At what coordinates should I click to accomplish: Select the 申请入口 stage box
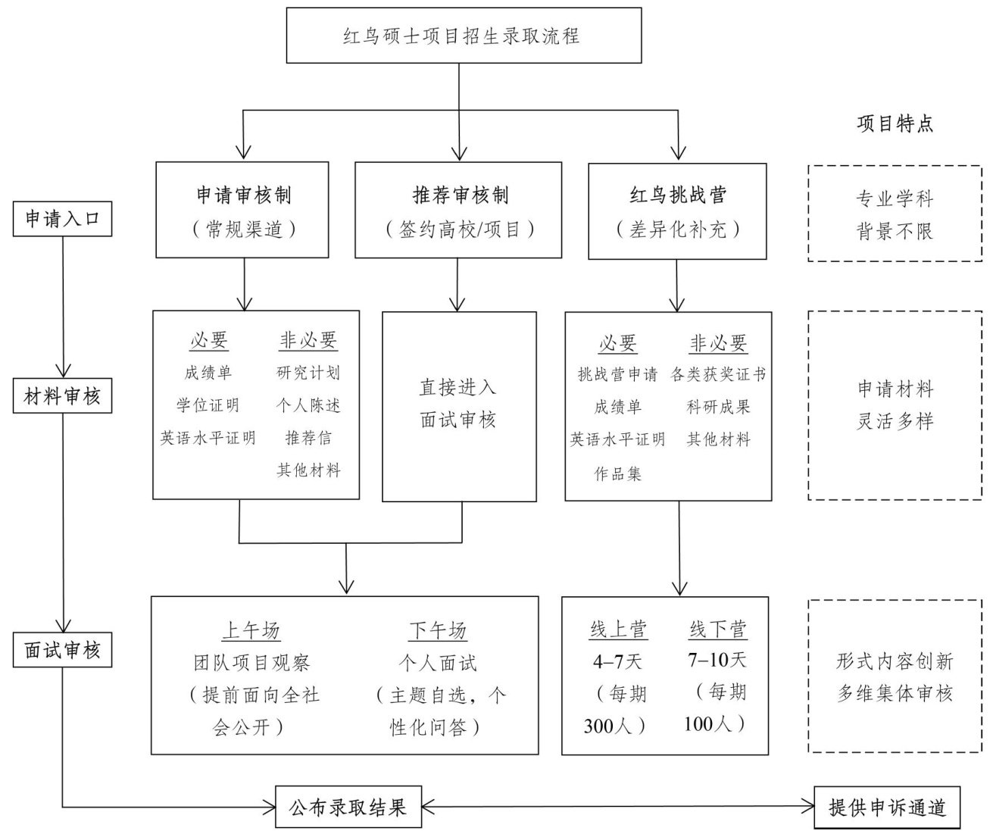(x=63, y=219)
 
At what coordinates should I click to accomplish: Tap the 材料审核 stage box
(x=63, y=396)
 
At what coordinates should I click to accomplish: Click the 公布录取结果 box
(x=348, y=807)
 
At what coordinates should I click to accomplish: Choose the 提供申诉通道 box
(x=888, y=807)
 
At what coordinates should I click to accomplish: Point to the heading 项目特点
(x=895, y=124)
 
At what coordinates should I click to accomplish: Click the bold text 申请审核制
(x=242, y=195)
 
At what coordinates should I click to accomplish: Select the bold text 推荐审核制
(x=460, y=195)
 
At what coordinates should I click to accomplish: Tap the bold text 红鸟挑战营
(x=677, y=195)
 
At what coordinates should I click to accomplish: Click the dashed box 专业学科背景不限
(x=895, y=214)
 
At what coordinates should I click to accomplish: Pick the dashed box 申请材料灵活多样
(x=895, y=405)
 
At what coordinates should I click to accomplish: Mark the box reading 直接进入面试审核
(x=458, y=406)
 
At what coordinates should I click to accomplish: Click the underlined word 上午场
(x=251, y=630)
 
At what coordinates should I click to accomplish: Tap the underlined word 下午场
(x=438, y=630)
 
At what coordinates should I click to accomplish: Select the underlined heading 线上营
(x=618, y=629)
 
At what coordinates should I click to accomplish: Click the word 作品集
(x=617, y=473)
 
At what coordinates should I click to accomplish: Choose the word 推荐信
(x=308, y=438)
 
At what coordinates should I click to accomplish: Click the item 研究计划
(x=308, y=373)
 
